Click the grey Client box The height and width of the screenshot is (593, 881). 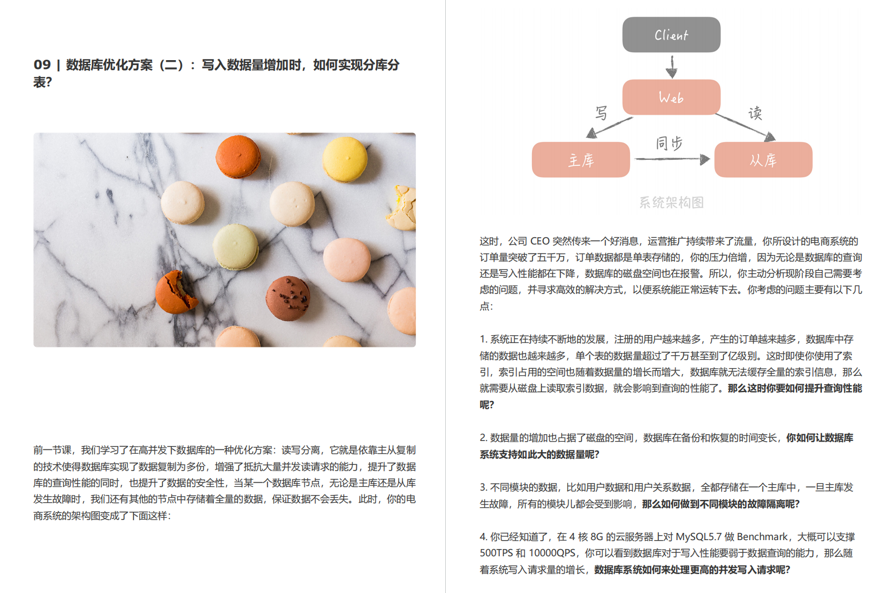(671, 35)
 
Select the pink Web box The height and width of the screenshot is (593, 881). (671, 97)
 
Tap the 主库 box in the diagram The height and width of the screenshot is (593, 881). (580, 160)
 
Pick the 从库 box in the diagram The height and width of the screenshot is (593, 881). (763, 160)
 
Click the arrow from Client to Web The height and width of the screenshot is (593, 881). (671, 66)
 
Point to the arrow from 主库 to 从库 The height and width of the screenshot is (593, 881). (672, 159)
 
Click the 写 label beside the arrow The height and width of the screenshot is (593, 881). (601, 113)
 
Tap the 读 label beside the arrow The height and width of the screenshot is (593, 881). (755, 114)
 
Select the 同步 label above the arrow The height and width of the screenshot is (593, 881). (668, 143)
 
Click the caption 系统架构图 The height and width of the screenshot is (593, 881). (671, 202)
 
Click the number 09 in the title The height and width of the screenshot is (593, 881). (42, 65)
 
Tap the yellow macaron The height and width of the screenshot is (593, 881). (345, 159)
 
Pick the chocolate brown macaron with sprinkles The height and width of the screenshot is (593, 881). (288, 298)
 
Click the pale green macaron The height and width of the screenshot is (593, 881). (235, 247)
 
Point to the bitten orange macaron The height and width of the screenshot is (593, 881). (176, 292)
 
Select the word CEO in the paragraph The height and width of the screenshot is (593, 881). (540, 241)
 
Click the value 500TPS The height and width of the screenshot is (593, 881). (496, 553)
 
